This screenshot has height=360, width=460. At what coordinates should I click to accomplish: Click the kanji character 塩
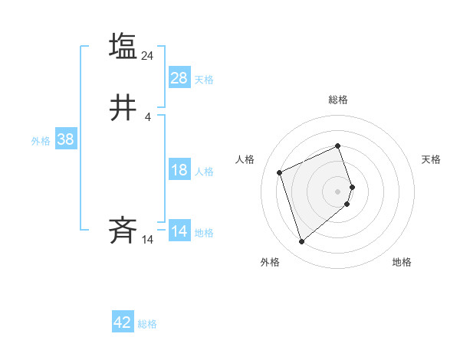(123, 47)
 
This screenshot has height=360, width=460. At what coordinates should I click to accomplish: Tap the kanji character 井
(123, 109)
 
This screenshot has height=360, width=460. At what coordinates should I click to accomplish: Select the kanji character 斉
(123, 231)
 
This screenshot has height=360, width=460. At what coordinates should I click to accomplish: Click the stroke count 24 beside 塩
(148, 56)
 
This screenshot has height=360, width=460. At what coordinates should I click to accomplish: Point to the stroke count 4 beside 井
(148, 117)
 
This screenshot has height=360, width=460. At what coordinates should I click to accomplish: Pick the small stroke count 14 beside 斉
(148, 240)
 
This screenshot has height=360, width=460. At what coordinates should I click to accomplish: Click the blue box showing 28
(179, 77)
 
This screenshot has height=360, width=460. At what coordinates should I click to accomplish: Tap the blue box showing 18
(179, 170)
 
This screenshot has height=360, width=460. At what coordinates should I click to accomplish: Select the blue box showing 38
(65, 139)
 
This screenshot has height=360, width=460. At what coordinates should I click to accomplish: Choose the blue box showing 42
(123, 322)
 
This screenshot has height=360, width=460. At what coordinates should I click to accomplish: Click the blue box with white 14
(179, 231)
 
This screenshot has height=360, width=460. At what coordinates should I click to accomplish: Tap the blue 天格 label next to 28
(204, 80)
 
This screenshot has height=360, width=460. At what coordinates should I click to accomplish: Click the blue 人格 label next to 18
(204, 172)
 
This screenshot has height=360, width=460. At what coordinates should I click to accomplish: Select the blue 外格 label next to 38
(41, 141)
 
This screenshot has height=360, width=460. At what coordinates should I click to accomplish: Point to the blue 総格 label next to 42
(147, 324)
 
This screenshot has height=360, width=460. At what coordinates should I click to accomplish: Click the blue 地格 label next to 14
(204, 233)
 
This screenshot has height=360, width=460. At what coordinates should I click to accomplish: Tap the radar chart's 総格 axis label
(338, 100)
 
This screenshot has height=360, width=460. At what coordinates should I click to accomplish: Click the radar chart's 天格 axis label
(431, 159)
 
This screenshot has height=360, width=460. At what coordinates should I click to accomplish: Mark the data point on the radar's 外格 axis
(301, 242)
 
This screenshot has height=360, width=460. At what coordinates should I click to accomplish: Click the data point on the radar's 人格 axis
(281, 172)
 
